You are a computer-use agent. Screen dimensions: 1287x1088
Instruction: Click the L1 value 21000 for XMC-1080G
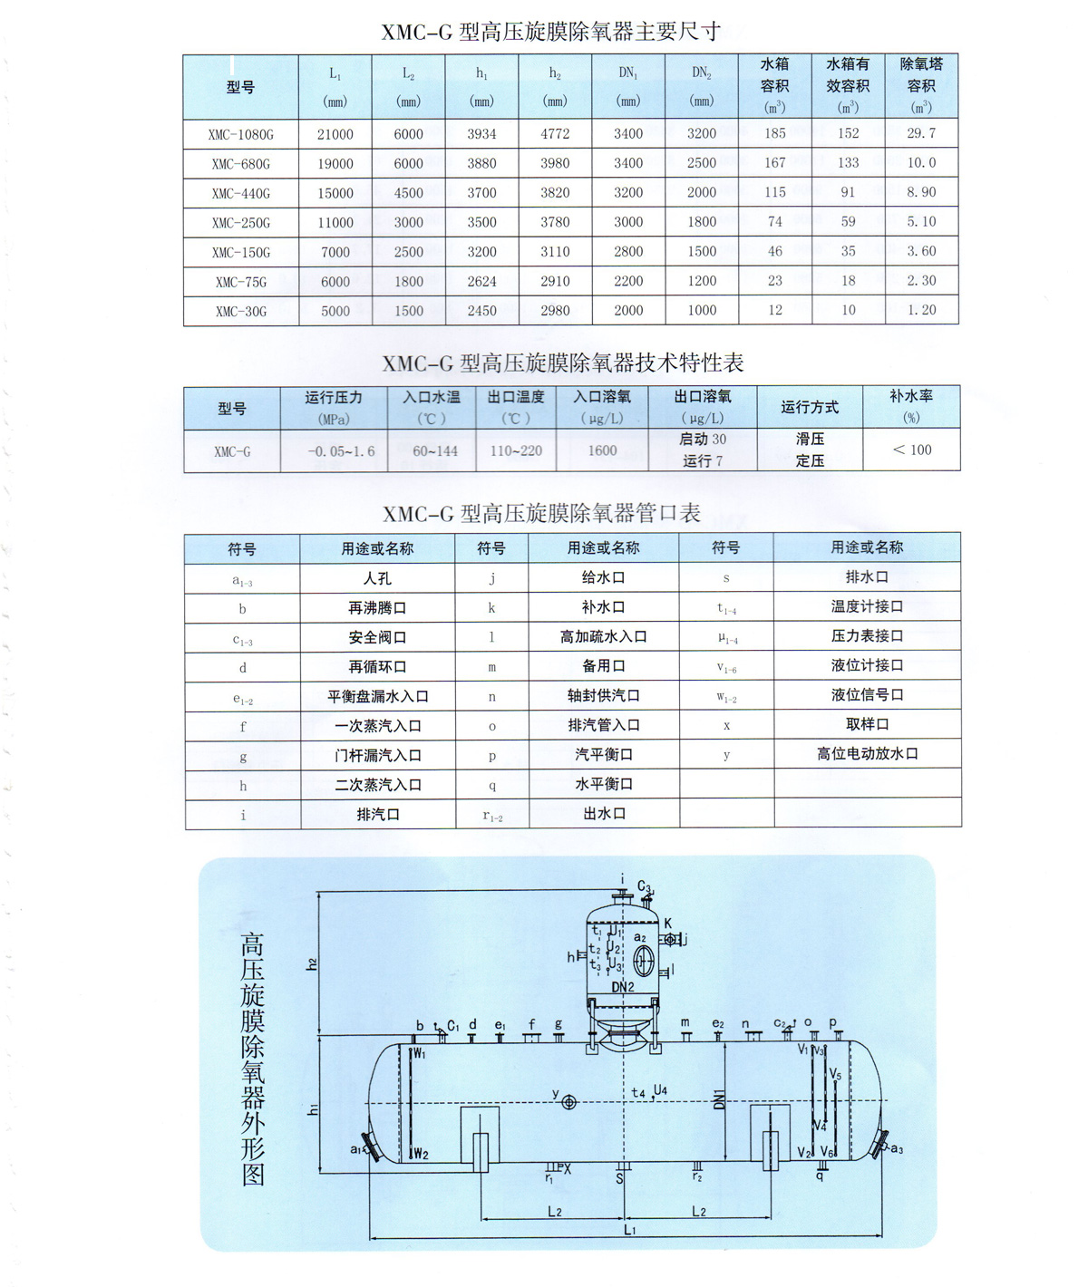(335, 134)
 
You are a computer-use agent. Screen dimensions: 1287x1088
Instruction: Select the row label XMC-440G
(241, 193)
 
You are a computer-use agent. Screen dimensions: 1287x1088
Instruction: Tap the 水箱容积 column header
(774, 85)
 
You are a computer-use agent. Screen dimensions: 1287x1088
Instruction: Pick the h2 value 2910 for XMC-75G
(555, 281)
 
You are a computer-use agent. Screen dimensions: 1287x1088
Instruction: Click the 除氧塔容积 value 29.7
(921, 133)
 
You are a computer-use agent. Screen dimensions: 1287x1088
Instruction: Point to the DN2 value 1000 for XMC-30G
(702, 310)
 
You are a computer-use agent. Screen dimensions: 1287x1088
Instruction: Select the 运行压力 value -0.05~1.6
(341, 450)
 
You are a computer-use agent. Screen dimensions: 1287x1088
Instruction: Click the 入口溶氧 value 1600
(602, 450)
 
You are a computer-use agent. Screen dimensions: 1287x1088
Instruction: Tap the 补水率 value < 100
(912, 450)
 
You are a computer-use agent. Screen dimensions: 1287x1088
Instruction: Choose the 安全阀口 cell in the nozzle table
(377, 637)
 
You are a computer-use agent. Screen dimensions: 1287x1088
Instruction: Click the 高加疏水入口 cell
(603, 636)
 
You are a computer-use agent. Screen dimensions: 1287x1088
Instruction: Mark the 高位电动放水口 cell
(867, 753)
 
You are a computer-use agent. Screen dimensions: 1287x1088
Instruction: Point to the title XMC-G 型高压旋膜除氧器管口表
(541, 514)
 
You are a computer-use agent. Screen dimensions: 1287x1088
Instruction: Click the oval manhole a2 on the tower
(644, 960)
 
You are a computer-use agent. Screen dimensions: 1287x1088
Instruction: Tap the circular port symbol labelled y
(569, 1102)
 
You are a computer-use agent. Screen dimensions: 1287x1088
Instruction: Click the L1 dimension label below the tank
(629, 1230)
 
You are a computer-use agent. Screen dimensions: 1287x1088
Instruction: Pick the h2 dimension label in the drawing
(311, 963)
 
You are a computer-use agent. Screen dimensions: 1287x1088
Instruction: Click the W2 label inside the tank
(420, 1154)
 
